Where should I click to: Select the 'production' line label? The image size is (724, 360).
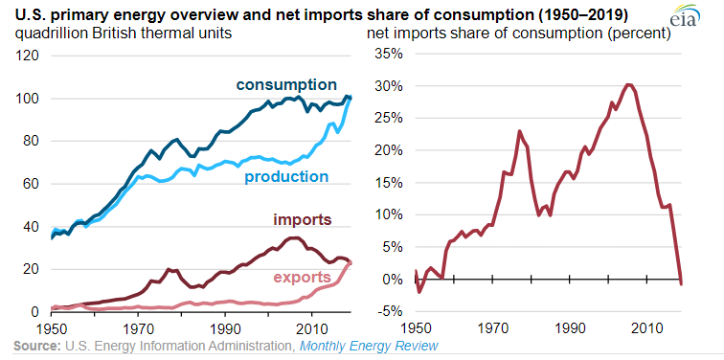point(284,177)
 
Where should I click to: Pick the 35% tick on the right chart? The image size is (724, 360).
point(387,53)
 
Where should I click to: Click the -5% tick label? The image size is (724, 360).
point(388,311)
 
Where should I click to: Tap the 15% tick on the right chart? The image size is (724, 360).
point(387,182)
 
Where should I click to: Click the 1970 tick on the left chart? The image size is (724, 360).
point(137,326)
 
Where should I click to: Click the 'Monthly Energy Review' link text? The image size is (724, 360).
point(369,345)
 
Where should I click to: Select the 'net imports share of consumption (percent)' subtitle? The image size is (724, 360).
point(518,34)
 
